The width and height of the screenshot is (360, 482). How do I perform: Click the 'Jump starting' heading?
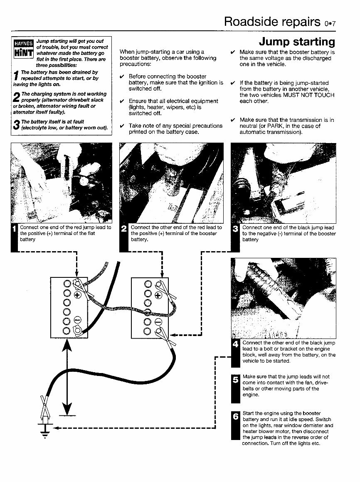pos(296,42)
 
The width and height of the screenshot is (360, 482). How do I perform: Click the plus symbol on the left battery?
pos(77,296)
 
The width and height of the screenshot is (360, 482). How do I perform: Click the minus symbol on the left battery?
pos(77,320)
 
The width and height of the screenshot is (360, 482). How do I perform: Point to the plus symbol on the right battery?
pos(158,296)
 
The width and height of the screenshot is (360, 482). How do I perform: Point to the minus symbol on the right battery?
pos(158,321)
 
